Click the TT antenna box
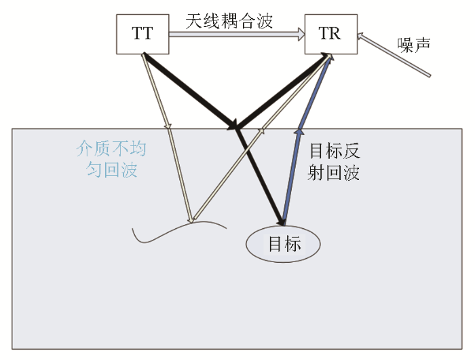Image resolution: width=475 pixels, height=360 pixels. pos(142,34)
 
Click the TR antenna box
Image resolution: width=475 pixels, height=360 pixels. pos(331,34)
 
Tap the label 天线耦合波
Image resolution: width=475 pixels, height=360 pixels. pos(229,21)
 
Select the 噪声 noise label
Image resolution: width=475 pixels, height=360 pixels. pos(414,46)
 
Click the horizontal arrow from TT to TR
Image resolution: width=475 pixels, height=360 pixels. pos(237,34)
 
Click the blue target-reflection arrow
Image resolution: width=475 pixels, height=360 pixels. pos(307,139)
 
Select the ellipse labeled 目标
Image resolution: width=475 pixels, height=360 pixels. pos(283,244)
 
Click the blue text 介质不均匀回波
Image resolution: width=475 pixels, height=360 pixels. pos(111,159)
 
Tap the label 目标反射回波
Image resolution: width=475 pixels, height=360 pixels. pos(334,162)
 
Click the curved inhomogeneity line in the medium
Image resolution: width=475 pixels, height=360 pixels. pos(179,231)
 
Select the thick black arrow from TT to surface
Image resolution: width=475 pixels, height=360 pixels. pos(189,91)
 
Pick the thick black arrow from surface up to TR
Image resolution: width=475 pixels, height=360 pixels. pos(282,91)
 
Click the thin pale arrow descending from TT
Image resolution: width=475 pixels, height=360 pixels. pos(167,139)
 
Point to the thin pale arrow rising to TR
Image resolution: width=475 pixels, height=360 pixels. pos(261,138)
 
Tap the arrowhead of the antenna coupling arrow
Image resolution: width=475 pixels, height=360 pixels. pos(301,34)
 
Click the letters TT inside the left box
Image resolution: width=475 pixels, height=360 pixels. pos(142,33)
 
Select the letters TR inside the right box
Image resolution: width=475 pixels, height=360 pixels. pos(330,33)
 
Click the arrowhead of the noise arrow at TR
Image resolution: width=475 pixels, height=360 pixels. pos(360,36)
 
